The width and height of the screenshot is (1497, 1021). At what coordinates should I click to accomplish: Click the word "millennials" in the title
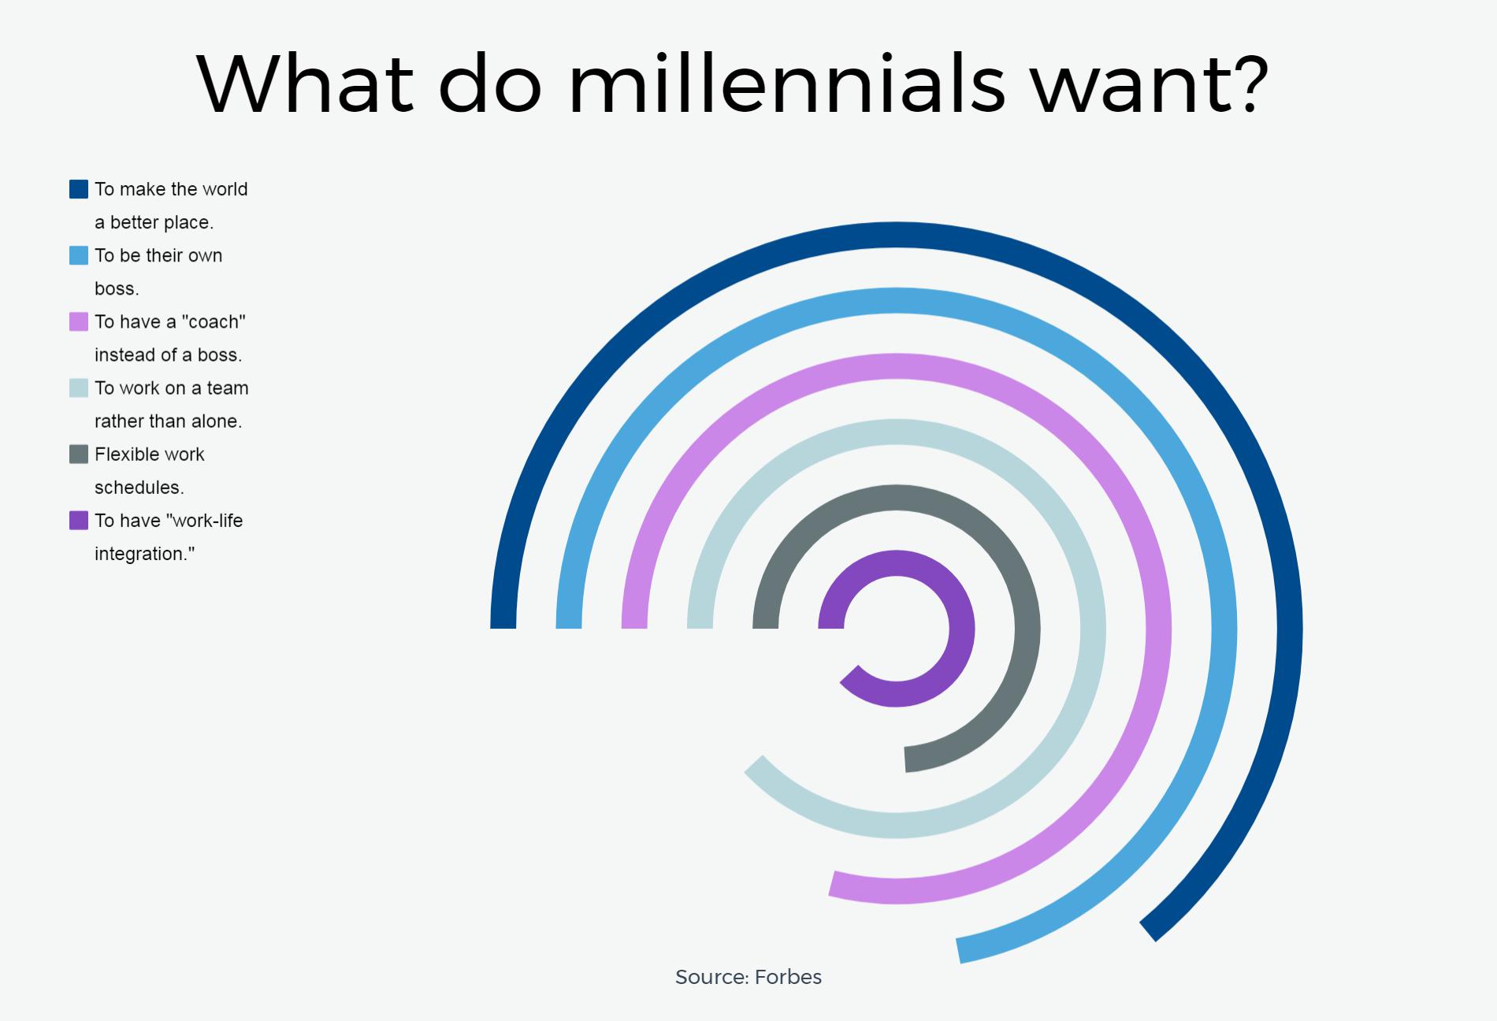pyautogui.click(x=786, y=84)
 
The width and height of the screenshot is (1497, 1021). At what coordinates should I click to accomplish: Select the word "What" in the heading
pyautogui.click(x=305, y=84)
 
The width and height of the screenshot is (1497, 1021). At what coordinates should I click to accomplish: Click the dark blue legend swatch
pyautogui.click(x=79, y=189)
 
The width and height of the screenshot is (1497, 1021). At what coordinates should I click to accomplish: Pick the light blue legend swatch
pyautogui.click(x=79, y=255)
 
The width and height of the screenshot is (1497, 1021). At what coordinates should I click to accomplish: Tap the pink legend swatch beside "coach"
pyautogui.click(x=79, y=321)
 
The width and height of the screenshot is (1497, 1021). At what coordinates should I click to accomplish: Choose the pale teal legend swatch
pyautogui.click(x=79, y=388)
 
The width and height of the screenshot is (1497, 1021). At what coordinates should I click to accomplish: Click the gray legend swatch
pyautogui.click(x=79, y=454)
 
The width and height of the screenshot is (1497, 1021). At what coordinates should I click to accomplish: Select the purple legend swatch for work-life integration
pyautogui.click(x=79, y=520)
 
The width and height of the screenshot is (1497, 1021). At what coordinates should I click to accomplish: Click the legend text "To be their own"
pyautogui.click(x=158, y=255)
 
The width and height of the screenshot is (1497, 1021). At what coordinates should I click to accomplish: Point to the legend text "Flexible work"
pyautogui.click(x=150, y=454)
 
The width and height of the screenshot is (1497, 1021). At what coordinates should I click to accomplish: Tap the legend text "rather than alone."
pyautogui.click(x=168, y=421)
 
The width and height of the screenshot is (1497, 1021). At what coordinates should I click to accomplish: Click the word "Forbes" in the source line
pyautogui.click(x=788, y=977)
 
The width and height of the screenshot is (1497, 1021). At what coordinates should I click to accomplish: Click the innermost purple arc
pyautogui.click(x=962, y=629)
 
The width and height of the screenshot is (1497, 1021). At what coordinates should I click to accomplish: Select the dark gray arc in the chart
pyautogui.click(x=1027, y=629)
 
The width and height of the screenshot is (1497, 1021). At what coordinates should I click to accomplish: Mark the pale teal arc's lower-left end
pyautogui.click(x=754, y=766)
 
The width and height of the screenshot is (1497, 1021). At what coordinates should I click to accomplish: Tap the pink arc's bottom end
pyautogui.click(x=833, y=884)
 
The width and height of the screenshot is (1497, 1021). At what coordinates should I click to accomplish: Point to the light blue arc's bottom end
pyautogui.click(x=959, y=951)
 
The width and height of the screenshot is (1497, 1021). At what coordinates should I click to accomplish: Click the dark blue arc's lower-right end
pyautogui.click(x=1148, y=931)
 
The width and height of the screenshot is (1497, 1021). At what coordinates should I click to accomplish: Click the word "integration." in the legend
pyautogui.click(x=144, y=554)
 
